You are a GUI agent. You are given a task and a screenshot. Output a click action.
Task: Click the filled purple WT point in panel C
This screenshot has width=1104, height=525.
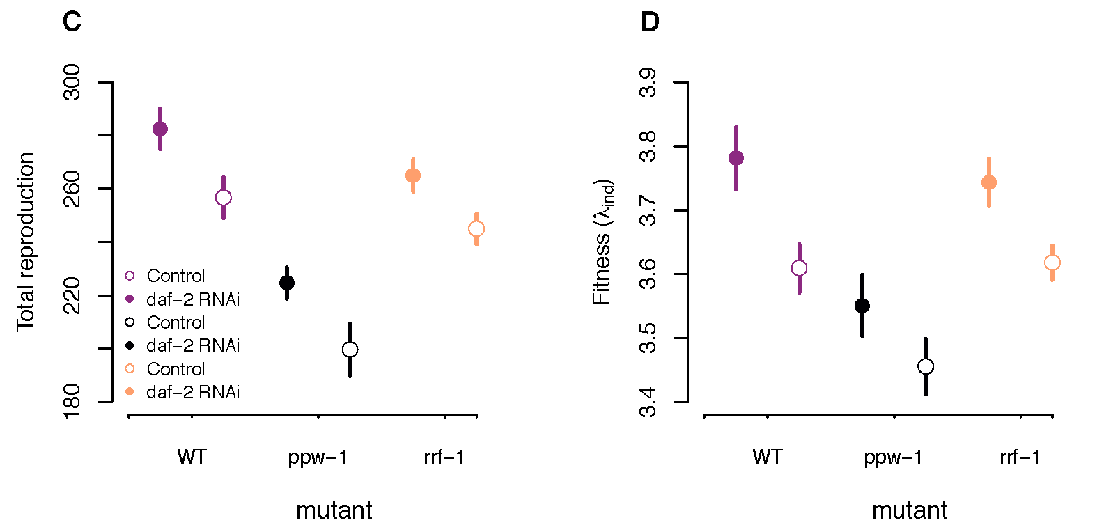point(160,129)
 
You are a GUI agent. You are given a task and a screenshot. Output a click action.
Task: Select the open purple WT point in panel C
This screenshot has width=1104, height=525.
point(224,198)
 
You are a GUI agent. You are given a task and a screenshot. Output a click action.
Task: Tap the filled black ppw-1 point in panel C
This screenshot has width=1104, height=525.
point(287,283)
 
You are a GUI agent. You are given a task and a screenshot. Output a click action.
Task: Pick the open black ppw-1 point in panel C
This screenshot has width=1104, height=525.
point(350,350)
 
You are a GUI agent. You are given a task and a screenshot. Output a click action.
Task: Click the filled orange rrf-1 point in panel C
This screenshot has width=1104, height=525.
point(413,175)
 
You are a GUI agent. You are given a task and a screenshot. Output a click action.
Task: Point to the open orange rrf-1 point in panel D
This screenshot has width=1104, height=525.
point(1052,262)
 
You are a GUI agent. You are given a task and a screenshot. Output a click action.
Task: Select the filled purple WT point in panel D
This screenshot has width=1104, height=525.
point(736,158)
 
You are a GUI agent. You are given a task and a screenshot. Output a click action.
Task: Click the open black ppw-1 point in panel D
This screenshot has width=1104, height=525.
point(926,366)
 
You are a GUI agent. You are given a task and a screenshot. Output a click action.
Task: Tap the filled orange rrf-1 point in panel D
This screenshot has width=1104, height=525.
point(989,182)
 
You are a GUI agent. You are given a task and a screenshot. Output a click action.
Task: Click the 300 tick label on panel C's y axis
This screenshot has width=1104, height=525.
point(72,82)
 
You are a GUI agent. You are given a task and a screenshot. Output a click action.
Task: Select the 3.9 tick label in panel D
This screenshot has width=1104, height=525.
point(648,82)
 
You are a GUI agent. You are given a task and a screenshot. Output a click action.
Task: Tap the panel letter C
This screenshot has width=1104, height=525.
point(72,22)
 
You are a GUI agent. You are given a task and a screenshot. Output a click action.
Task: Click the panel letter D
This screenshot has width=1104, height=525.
point(649,22)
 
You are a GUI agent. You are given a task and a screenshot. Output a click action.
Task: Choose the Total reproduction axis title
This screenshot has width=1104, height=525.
point(26,242)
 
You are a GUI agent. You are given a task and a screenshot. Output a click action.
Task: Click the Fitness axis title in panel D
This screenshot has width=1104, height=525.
point(603,242)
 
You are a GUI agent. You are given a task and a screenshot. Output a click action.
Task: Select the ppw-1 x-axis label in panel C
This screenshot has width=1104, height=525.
point(318,457)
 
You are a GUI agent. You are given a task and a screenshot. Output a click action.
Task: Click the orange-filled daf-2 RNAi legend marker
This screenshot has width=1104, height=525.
point(130,392)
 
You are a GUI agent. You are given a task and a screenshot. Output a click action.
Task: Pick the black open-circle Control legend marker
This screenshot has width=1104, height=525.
point(130,322)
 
